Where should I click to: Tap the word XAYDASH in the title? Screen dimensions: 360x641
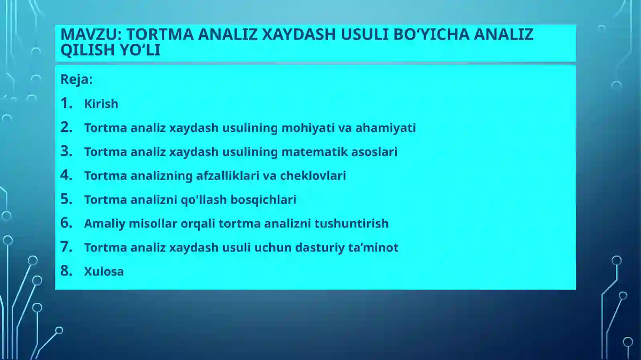click(x=298, y=34)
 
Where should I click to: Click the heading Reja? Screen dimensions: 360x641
click(x=76, y=79)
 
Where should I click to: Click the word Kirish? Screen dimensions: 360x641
click(x=101, y=104)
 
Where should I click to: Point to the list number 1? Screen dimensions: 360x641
click(x=66, y=103)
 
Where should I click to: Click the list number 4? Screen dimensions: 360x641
click(x=66, y=175)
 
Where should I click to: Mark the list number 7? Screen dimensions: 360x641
click(x=66, y=247)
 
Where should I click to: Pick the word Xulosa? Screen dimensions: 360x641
click(x=104, y=272)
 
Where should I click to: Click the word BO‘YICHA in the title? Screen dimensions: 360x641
click(x=431, y=34)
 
